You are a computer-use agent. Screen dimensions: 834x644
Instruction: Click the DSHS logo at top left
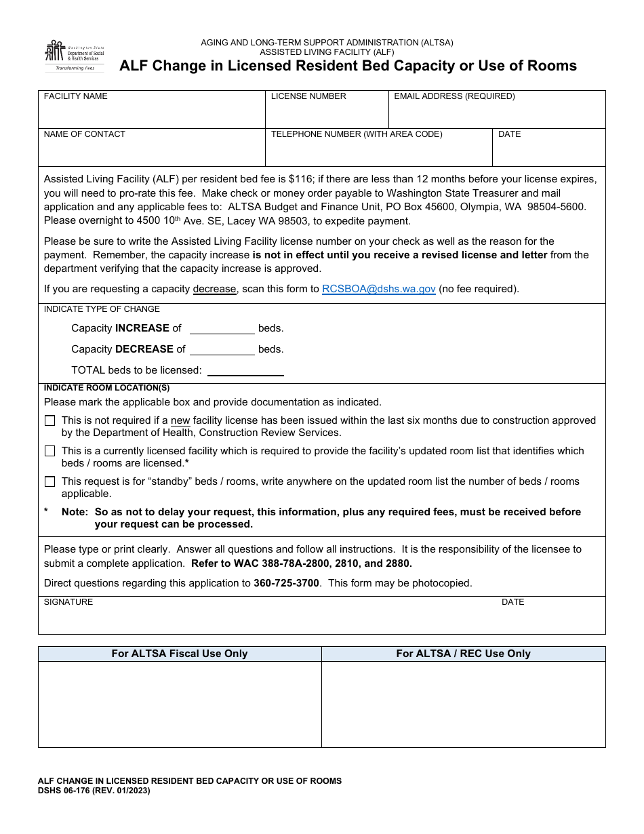tap(75, 56)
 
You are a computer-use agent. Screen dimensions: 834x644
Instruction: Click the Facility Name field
tap(151, 114)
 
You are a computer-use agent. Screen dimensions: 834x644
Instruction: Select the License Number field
tap(326, 114)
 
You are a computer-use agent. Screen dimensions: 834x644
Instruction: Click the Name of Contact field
tap(151, 153)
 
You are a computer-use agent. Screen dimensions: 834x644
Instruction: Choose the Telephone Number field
tap(378, 153)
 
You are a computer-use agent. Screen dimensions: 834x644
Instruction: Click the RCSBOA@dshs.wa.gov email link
tap(378, 289)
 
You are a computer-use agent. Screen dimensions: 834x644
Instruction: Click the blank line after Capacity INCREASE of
tap(222, 329)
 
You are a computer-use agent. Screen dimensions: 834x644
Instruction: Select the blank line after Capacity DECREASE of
tap(222, 350)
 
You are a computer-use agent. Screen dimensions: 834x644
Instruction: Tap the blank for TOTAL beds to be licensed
tap(245, 371)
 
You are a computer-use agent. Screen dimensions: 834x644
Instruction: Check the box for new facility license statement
tap(50, 421)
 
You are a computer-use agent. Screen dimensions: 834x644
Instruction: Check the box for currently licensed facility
tap(50, 451)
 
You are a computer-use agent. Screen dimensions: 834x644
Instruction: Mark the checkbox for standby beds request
tap(50, 482)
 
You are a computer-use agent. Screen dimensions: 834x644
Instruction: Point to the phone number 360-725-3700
tap(286, 583)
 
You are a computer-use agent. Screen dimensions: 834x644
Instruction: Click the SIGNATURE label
tap(68, 602)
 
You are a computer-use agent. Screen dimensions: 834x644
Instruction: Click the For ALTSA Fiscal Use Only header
tap(180, 654)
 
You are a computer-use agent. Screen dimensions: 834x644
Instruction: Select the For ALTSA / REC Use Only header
tap(463, 654)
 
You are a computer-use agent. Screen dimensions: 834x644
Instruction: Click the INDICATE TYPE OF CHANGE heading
tap(102, 309)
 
